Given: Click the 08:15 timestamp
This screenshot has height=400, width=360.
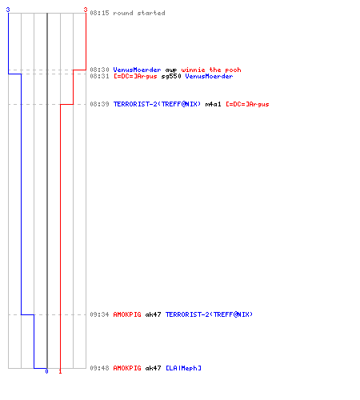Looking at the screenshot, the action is (99, 13).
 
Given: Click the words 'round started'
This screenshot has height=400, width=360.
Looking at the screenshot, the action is (139, 13).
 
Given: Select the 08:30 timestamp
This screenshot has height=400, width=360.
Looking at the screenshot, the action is (99, 70).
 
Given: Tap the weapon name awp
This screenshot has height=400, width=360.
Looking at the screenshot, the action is (171, 70).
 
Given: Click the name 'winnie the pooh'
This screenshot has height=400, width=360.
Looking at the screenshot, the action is (211, 70).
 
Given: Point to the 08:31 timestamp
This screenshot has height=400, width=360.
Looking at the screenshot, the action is (99, 76).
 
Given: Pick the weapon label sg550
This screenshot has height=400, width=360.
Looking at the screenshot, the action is (171, 77).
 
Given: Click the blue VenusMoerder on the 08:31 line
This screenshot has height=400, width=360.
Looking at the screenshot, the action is (209, 76).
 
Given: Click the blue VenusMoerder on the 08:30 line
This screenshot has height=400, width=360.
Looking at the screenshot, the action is (137, 70).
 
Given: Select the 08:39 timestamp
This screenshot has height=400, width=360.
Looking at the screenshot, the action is (99, 104).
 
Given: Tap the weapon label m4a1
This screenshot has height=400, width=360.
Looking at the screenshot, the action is (213, 104).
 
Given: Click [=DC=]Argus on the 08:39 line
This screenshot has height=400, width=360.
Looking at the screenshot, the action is (247, 104).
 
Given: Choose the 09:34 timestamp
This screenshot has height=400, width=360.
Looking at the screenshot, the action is (99, 314).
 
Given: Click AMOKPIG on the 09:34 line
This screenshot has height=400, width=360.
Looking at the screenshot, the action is (127, 314).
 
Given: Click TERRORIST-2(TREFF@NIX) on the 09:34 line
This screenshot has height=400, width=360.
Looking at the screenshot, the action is (209, 314).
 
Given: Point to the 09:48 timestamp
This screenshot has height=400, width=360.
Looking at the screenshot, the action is (99, 368).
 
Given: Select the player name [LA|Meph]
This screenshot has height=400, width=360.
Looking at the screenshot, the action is (183, 368).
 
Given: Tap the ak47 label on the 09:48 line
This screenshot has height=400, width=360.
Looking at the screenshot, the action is (153, 368).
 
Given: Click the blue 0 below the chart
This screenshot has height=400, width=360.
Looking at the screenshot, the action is (46, 371).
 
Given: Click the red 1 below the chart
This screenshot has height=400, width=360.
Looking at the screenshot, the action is (60, 371).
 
